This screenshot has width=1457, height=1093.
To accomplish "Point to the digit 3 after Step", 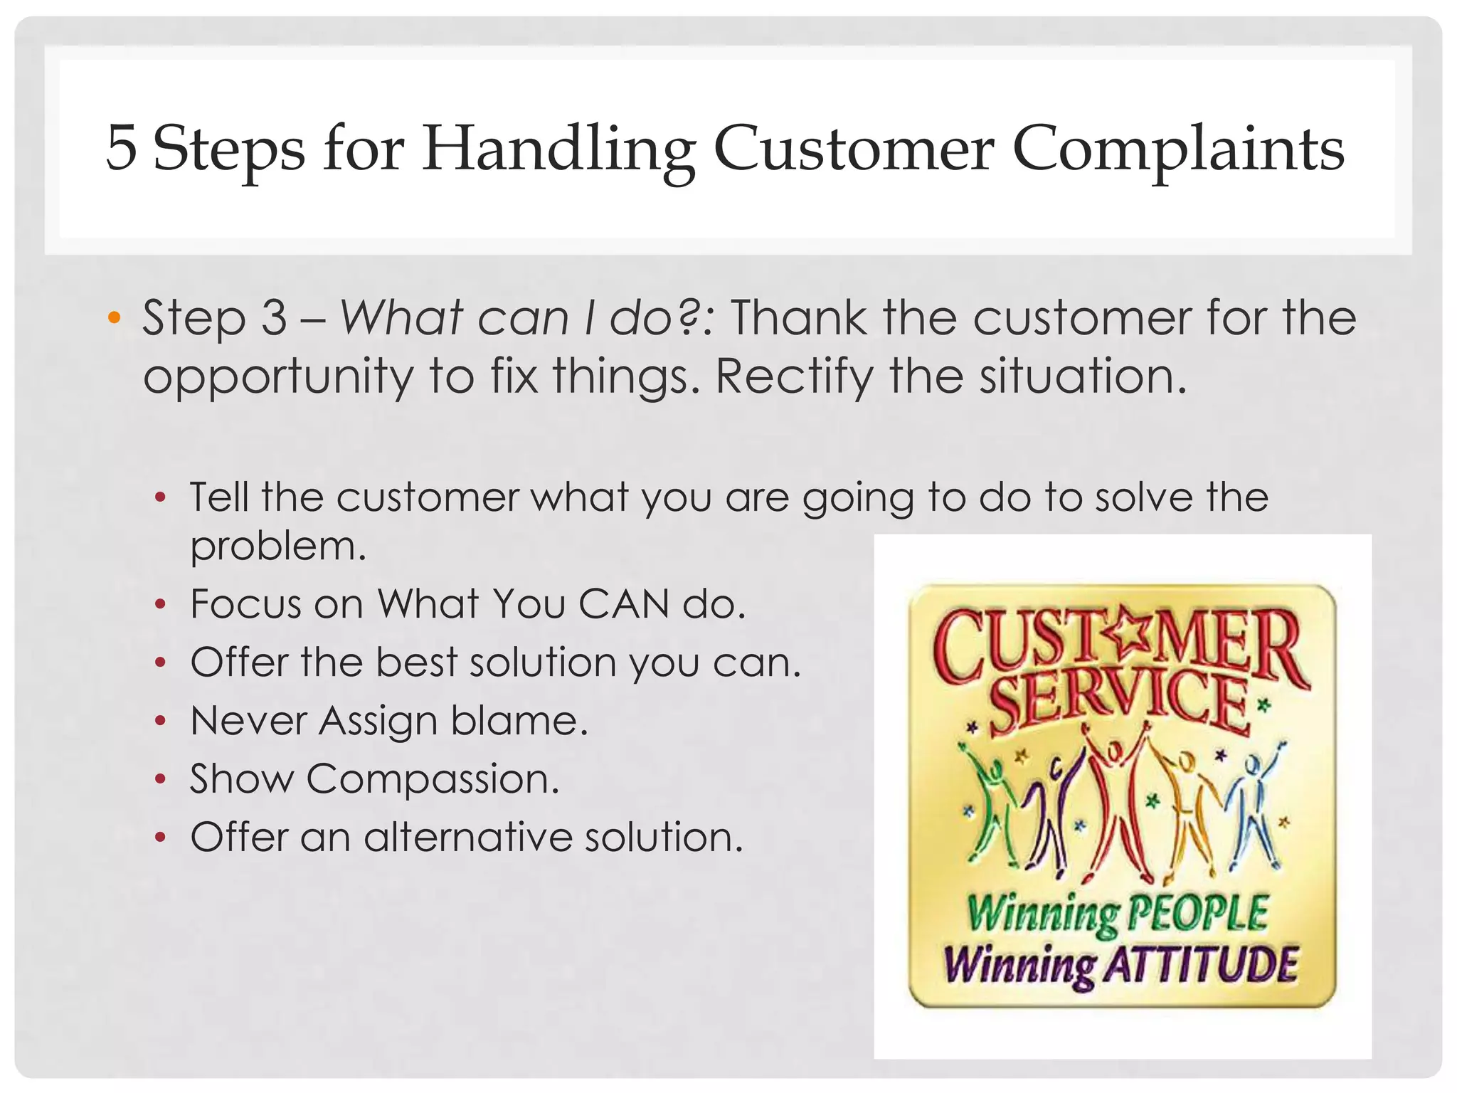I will pos(274,317).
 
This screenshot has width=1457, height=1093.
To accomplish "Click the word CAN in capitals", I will pos(623,604).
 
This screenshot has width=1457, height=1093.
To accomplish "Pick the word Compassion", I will pos(433,778).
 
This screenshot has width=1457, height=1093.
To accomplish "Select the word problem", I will pos(277,546).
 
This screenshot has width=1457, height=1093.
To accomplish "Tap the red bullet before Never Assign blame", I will pos(161,721).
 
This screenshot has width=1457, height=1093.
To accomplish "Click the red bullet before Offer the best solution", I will pos(161,662).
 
